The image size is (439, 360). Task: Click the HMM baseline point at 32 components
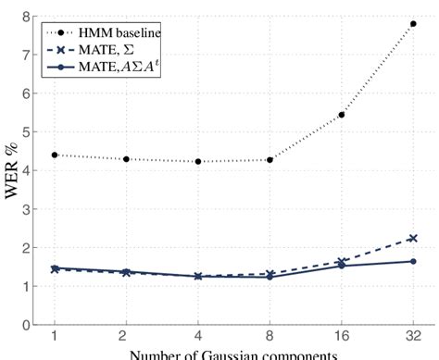point(412,24)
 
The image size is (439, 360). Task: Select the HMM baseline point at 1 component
point(55,155)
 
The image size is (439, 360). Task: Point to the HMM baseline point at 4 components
point(198,161)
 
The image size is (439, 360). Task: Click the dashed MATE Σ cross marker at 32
point(412,238)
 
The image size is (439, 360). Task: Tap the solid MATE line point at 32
point(412,261)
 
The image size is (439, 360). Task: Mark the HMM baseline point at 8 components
point(270,159)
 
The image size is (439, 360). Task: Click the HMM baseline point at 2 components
point(126,159)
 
